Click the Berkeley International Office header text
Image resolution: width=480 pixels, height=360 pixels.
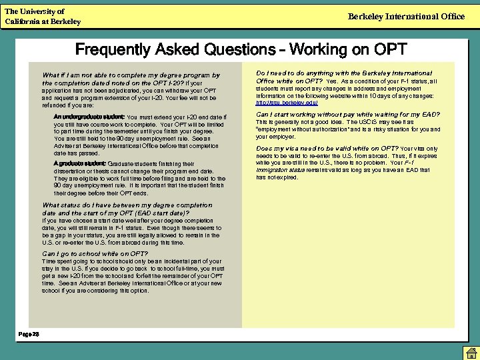coord(406,16)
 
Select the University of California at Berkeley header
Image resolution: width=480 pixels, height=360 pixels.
coord(43,17)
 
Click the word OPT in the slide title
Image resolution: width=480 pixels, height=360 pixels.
coord(391,49)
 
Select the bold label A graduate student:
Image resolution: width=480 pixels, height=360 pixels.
coord(79,163)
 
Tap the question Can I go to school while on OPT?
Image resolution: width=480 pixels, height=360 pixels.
coord(95,253)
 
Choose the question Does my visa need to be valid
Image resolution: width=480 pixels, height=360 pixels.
coord(327,148)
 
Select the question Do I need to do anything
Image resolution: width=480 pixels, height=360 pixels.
coord(344,73)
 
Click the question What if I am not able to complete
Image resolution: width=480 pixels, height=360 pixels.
coord(131,75)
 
